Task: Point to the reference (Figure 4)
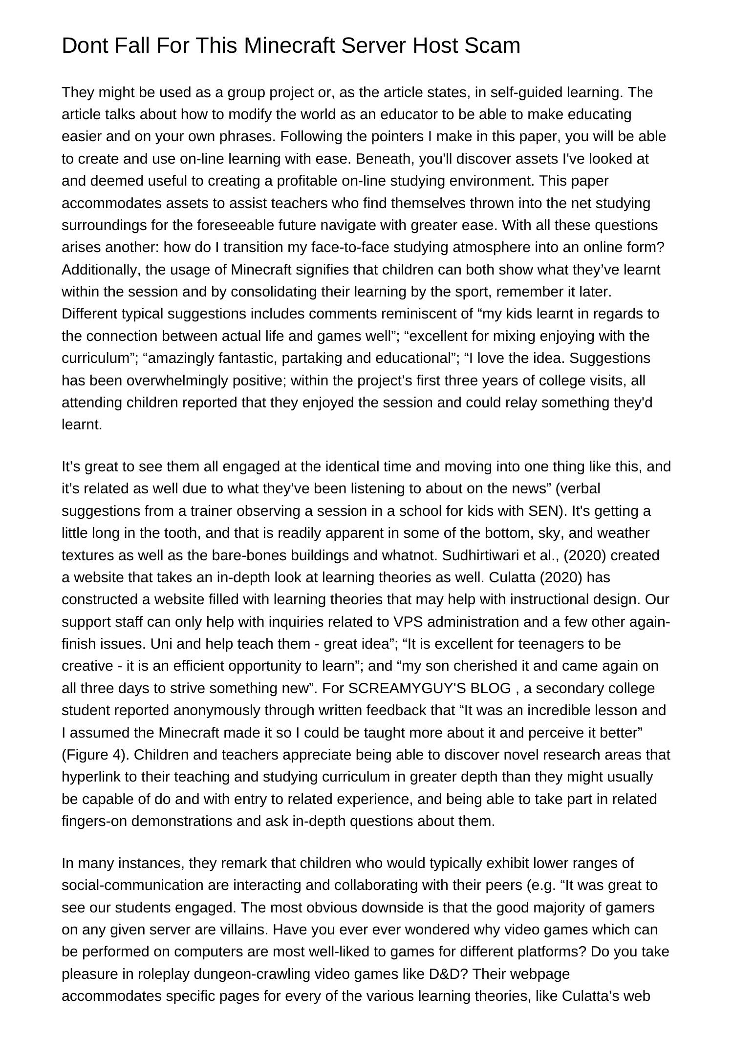click(x=95, y=755)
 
